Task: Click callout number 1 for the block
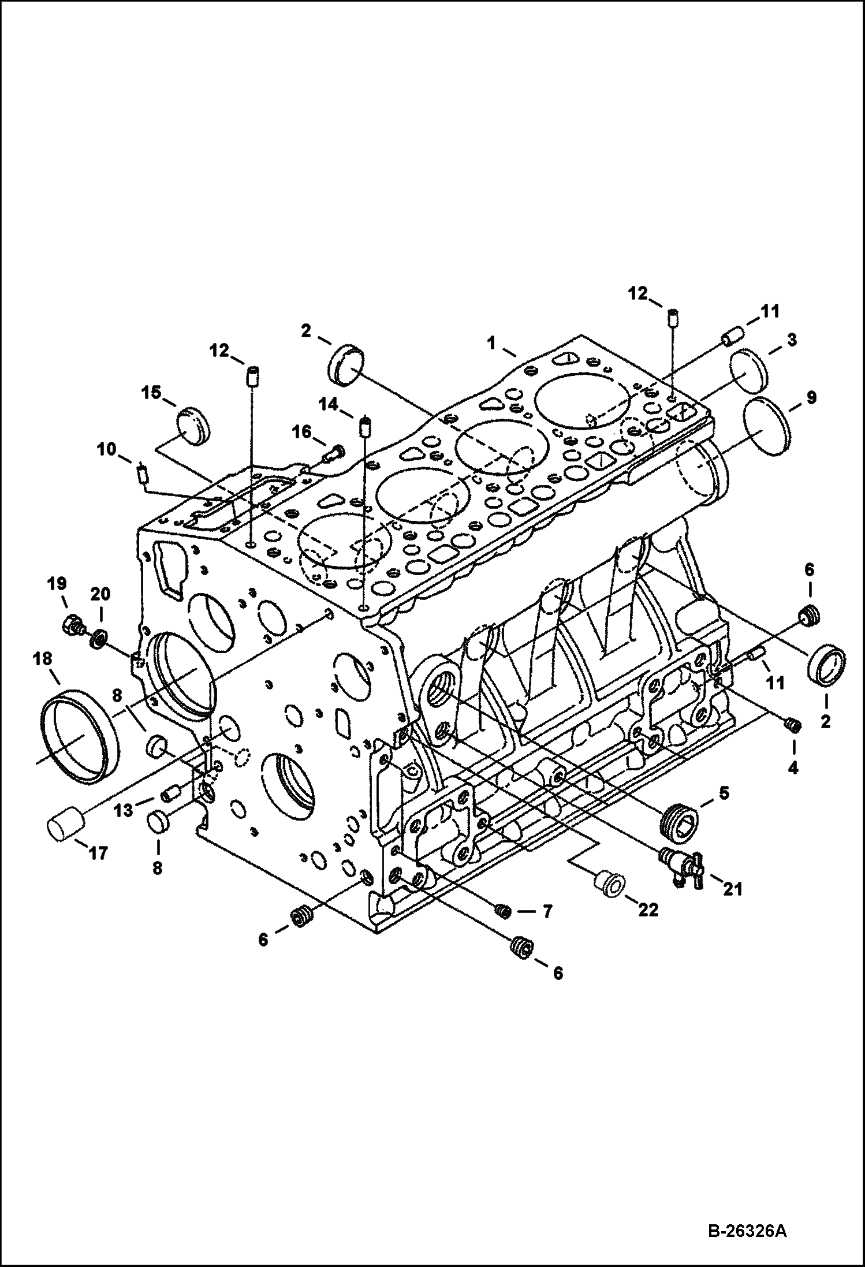pyautogui.click(x=491, y=342)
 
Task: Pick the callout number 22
pyautogui.click(x=647, y=910)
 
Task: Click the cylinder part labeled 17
pyautogui.click(x=64, y=830)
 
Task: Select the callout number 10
pyautogui.click(x=106, y=449)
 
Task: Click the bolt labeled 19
pyautogui.click(x=73, y=624)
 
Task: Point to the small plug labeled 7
pyautogui.click(x=503, y=911)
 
